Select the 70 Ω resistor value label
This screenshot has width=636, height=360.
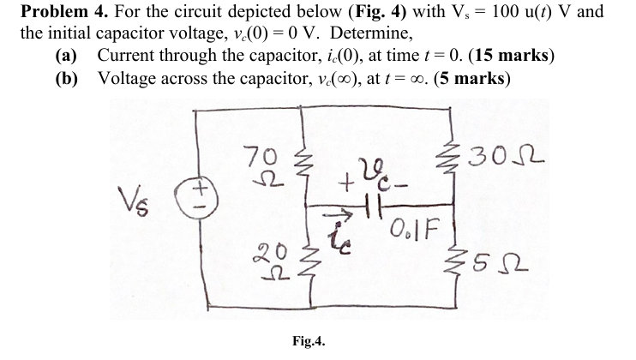click(x=254, y=165)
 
